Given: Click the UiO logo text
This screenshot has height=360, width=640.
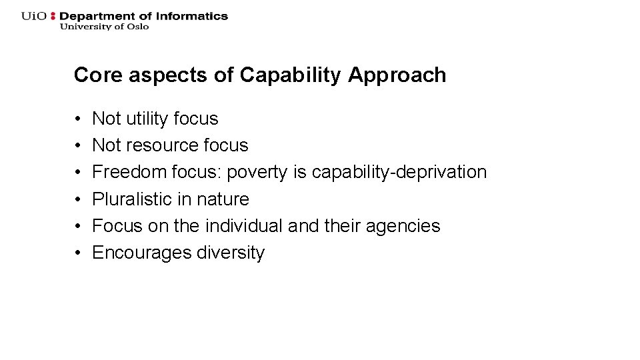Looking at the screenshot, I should coord(34,16).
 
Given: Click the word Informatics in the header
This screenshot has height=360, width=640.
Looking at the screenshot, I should coord(195,16).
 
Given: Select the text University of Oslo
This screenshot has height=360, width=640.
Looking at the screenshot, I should coord(104,27).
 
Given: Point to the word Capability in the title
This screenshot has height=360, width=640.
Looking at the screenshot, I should coord(290,75).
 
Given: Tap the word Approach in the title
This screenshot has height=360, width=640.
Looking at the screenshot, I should coord(397,75).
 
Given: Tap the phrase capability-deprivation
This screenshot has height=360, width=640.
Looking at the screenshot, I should coord(399,172).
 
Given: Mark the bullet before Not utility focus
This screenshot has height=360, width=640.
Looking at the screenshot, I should coord(78,119).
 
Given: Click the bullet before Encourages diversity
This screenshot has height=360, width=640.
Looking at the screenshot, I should coord(78,253).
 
